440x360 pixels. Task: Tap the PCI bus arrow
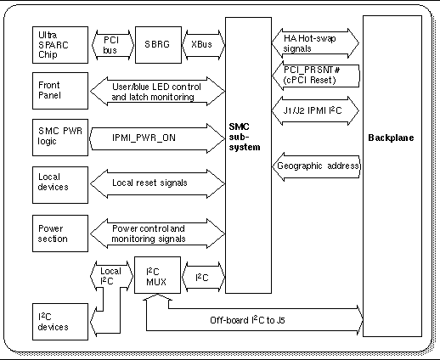(110, 44)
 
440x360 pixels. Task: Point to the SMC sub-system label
(240, 137)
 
